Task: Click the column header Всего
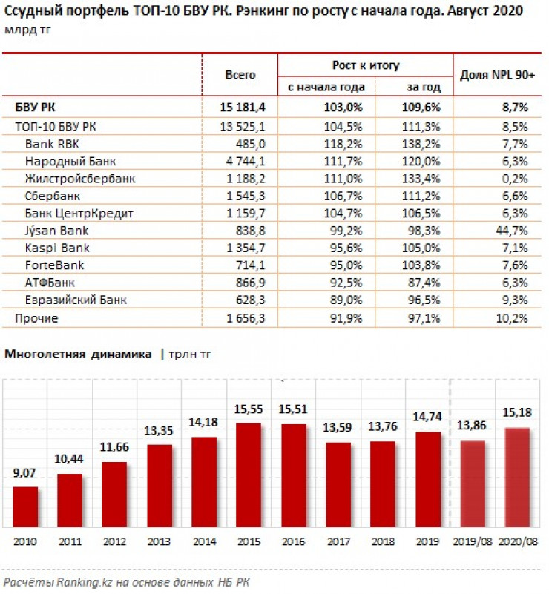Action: pos(240,75)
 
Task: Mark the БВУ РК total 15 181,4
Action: pos(243,108)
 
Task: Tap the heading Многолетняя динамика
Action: pos(78,354)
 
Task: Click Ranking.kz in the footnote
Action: pos(77,582)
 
